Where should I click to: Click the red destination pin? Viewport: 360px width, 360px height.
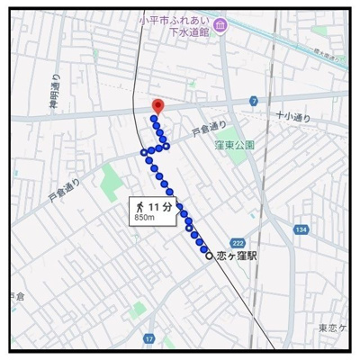coord(157,106)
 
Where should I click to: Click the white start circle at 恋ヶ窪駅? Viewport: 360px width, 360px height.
coord(210,256)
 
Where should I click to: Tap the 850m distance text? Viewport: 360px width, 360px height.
coord(145,217)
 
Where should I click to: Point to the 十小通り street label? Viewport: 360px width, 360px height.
coord(293,117)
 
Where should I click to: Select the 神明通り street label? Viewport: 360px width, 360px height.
coord(55,89)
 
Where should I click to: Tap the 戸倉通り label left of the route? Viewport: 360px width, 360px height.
coord(65,186)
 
